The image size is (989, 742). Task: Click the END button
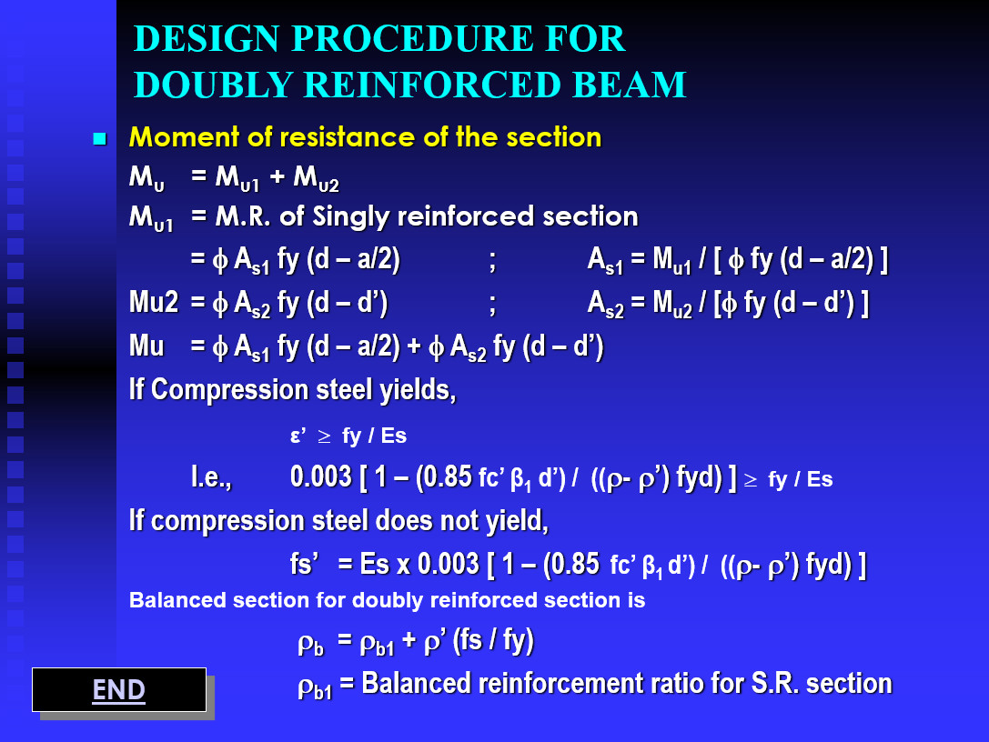119,690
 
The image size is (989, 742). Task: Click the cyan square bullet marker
100,139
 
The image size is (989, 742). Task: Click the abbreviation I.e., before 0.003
210,477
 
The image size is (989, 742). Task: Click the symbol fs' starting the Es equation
308,564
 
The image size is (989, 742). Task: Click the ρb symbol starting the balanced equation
310,644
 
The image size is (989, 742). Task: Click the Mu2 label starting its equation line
153,303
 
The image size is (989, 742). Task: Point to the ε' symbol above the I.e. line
297,436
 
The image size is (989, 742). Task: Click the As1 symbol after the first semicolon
606,262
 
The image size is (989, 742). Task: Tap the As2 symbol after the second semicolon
606,304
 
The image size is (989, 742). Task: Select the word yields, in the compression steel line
414,389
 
